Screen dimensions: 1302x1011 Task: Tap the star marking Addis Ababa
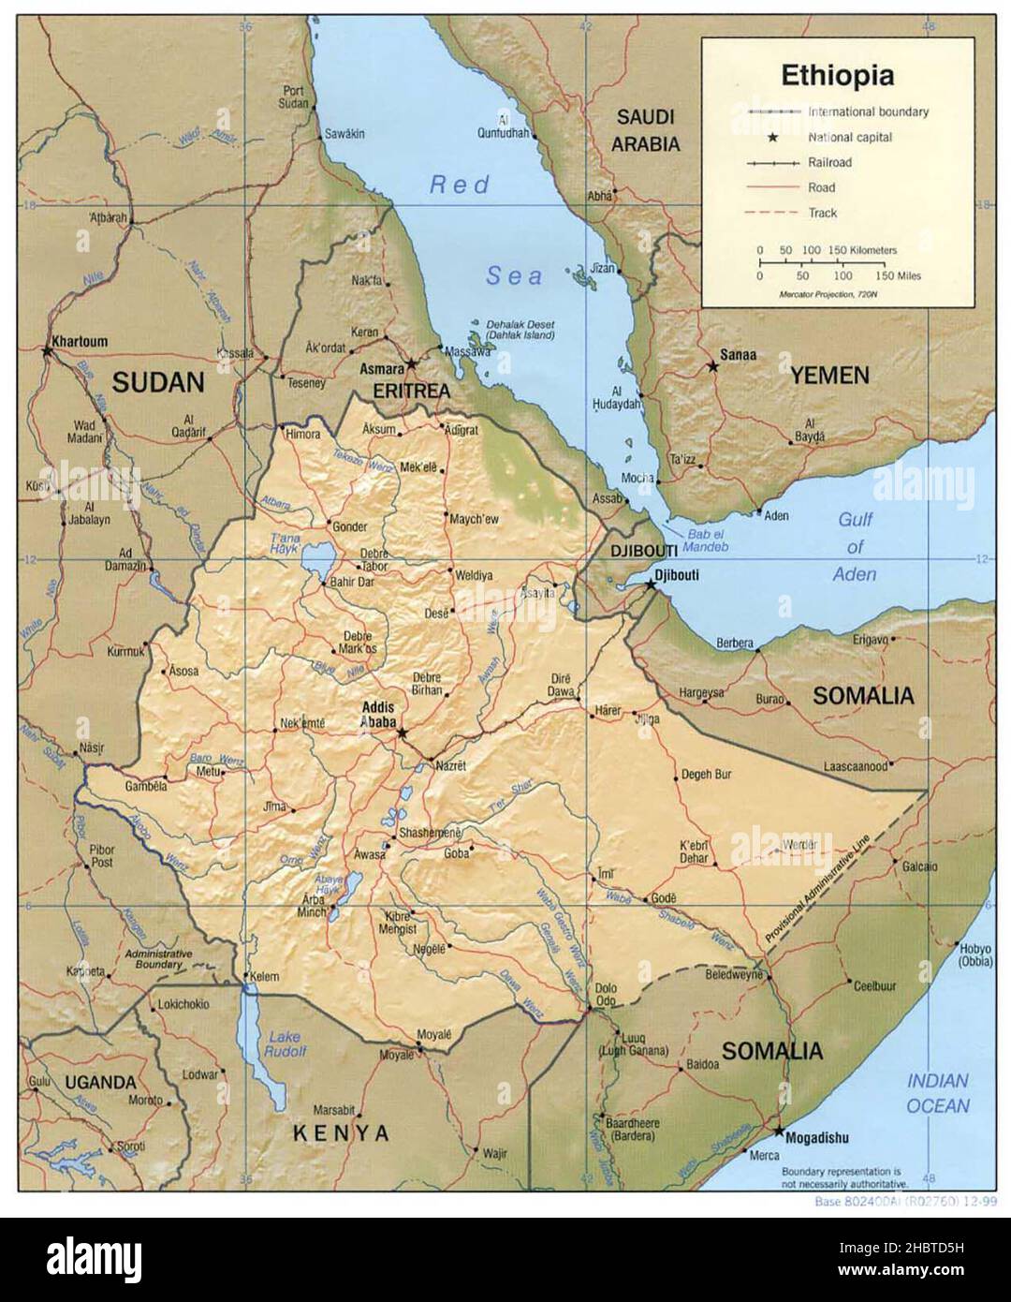coord(403,732)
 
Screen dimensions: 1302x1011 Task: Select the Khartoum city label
coord(81,342)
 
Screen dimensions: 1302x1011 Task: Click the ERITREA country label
coord(411,390)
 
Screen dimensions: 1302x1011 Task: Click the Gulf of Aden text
coord(855,546)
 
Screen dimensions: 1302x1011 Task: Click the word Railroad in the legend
coord(830,162)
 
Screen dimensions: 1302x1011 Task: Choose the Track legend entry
coord(823,213)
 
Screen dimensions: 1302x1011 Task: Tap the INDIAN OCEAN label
coord(937,1093)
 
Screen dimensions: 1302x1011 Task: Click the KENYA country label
coord(341,1133)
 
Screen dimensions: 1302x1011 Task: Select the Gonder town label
coord(350,527)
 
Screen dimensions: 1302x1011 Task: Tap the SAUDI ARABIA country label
coord(645,130)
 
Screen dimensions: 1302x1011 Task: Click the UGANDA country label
coord(100,1082)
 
